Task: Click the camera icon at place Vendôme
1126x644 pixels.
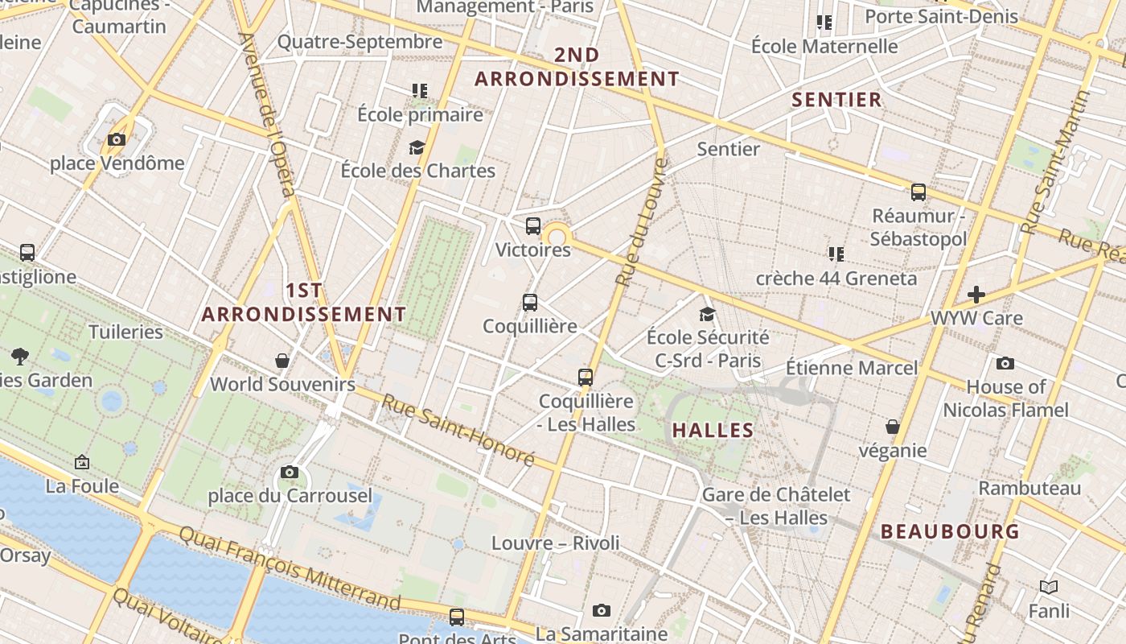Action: tap(117, 140)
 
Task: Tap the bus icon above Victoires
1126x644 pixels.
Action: tap(533, 226)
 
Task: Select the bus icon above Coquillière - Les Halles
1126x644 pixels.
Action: tap(586, 377)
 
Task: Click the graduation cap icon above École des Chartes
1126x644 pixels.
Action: tap(417, 147)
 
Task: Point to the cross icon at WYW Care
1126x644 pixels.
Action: tap(976, 295)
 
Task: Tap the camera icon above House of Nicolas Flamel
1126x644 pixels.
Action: tap(1005, 363)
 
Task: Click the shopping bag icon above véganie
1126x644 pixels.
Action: tap(893, 427)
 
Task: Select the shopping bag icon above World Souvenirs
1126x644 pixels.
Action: tap(282, 361)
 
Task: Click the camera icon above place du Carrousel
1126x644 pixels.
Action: tap(290, 473)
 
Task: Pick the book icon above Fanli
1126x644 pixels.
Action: tap(1049, 588)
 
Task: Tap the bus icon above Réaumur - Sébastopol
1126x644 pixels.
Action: tap(918, 192)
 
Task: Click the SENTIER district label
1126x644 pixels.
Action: tap(837, 100)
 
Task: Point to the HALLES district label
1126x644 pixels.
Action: tap(713, 431)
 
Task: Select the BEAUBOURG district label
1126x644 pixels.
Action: tap(950, 531)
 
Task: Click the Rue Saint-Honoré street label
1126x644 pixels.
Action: tap(458, 429)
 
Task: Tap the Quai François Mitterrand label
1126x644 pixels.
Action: tap(290, 568)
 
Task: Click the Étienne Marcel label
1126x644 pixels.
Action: tap(852, 369)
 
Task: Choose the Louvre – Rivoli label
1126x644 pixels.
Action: tap(556, 543)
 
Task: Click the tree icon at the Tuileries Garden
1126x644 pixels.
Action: tap(20, 356)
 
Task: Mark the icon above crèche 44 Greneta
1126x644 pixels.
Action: tap(836, 254)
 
